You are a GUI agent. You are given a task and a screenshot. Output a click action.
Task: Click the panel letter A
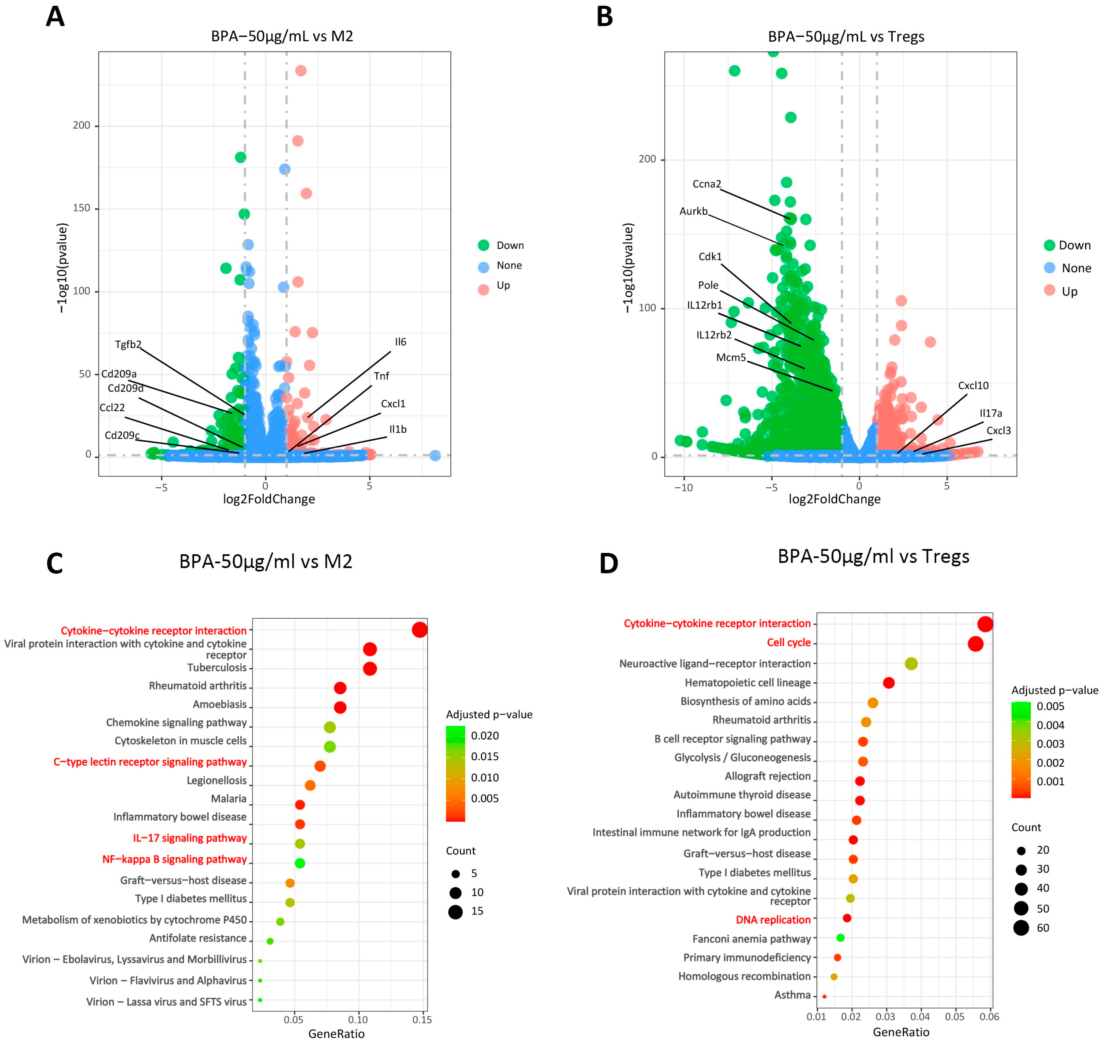55,17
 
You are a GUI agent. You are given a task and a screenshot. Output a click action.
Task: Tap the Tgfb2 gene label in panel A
128,345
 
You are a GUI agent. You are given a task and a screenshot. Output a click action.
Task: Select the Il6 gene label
400,342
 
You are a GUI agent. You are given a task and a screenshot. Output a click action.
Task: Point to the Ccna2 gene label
706,184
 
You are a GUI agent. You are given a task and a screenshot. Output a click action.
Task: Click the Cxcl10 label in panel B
973,385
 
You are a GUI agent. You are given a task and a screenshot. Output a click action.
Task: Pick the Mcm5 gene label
731,357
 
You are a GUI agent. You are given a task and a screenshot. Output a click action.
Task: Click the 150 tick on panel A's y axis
81,208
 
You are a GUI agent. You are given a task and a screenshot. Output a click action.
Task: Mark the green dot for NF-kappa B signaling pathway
300,863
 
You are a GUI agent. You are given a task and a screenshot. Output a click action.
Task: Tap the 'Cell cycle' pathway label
788,642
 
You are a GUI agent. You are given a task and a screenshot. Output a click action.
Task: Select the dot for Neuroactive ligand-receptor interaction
911,663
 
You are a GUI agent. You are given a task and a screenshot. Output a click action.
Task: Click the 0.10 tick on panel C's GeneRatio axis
358,1020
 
